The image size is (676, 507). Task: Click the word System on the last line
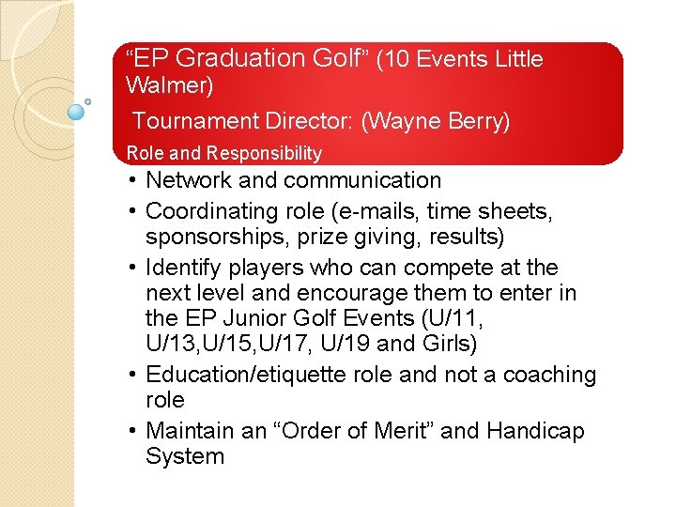click(185, 457)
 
